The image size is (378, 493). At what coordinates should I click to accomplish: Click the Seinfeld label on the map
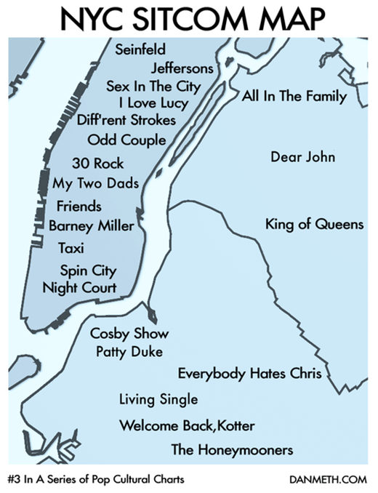pyautogui.click(x=141, y=49)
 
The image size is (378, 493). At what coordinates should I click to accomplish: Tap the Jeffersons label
pyautogui.click(x=182, y=68)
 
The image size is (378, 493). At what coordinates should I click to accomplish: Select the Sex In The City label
pyautogui.click(x=164, y=86)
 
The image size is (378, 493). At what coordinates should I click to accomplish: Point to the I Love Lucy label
pyautogui.click(x=158, y=103)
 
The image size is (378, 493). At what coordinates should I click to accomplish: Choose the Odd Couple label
pyautogui.click(x=126, y=140)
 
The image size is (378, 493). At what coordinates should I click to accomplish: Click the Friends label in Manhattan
pyautogui.click(x=79, y=206)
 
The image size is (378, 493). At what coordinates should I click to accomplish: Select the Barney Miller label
pyautogui.click(x=92, y=226)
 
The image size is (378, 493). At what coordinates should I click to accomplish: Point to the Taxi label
pyautogui.click(x=72, y=249)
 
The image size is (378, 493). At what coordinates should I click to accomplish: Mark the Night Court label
pyautogui.click(x=80, y=288)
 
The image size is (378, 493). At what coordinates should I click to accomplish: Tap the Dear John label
pyautogui.click(x=300, y=157)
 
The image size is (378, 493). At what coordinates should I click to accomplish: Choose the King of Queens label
pyautogui.click(x=314, y=224)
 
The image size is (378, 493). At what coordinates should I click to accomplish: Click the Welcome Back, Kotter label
pyautogui.click(x=187, y=425)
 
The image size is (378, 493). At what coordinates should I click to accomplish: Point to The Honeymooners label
pyautogui.click(x=233, y=450)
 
